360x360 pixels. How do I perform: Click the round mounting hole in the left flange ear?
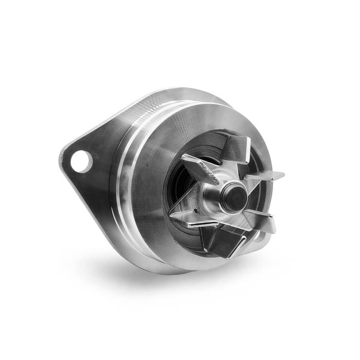pos(81,161)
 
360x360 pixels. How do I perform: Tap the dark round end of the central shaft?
pos(236,197)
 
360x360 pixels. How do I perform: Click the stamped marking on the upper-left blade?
pos(203,169)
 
